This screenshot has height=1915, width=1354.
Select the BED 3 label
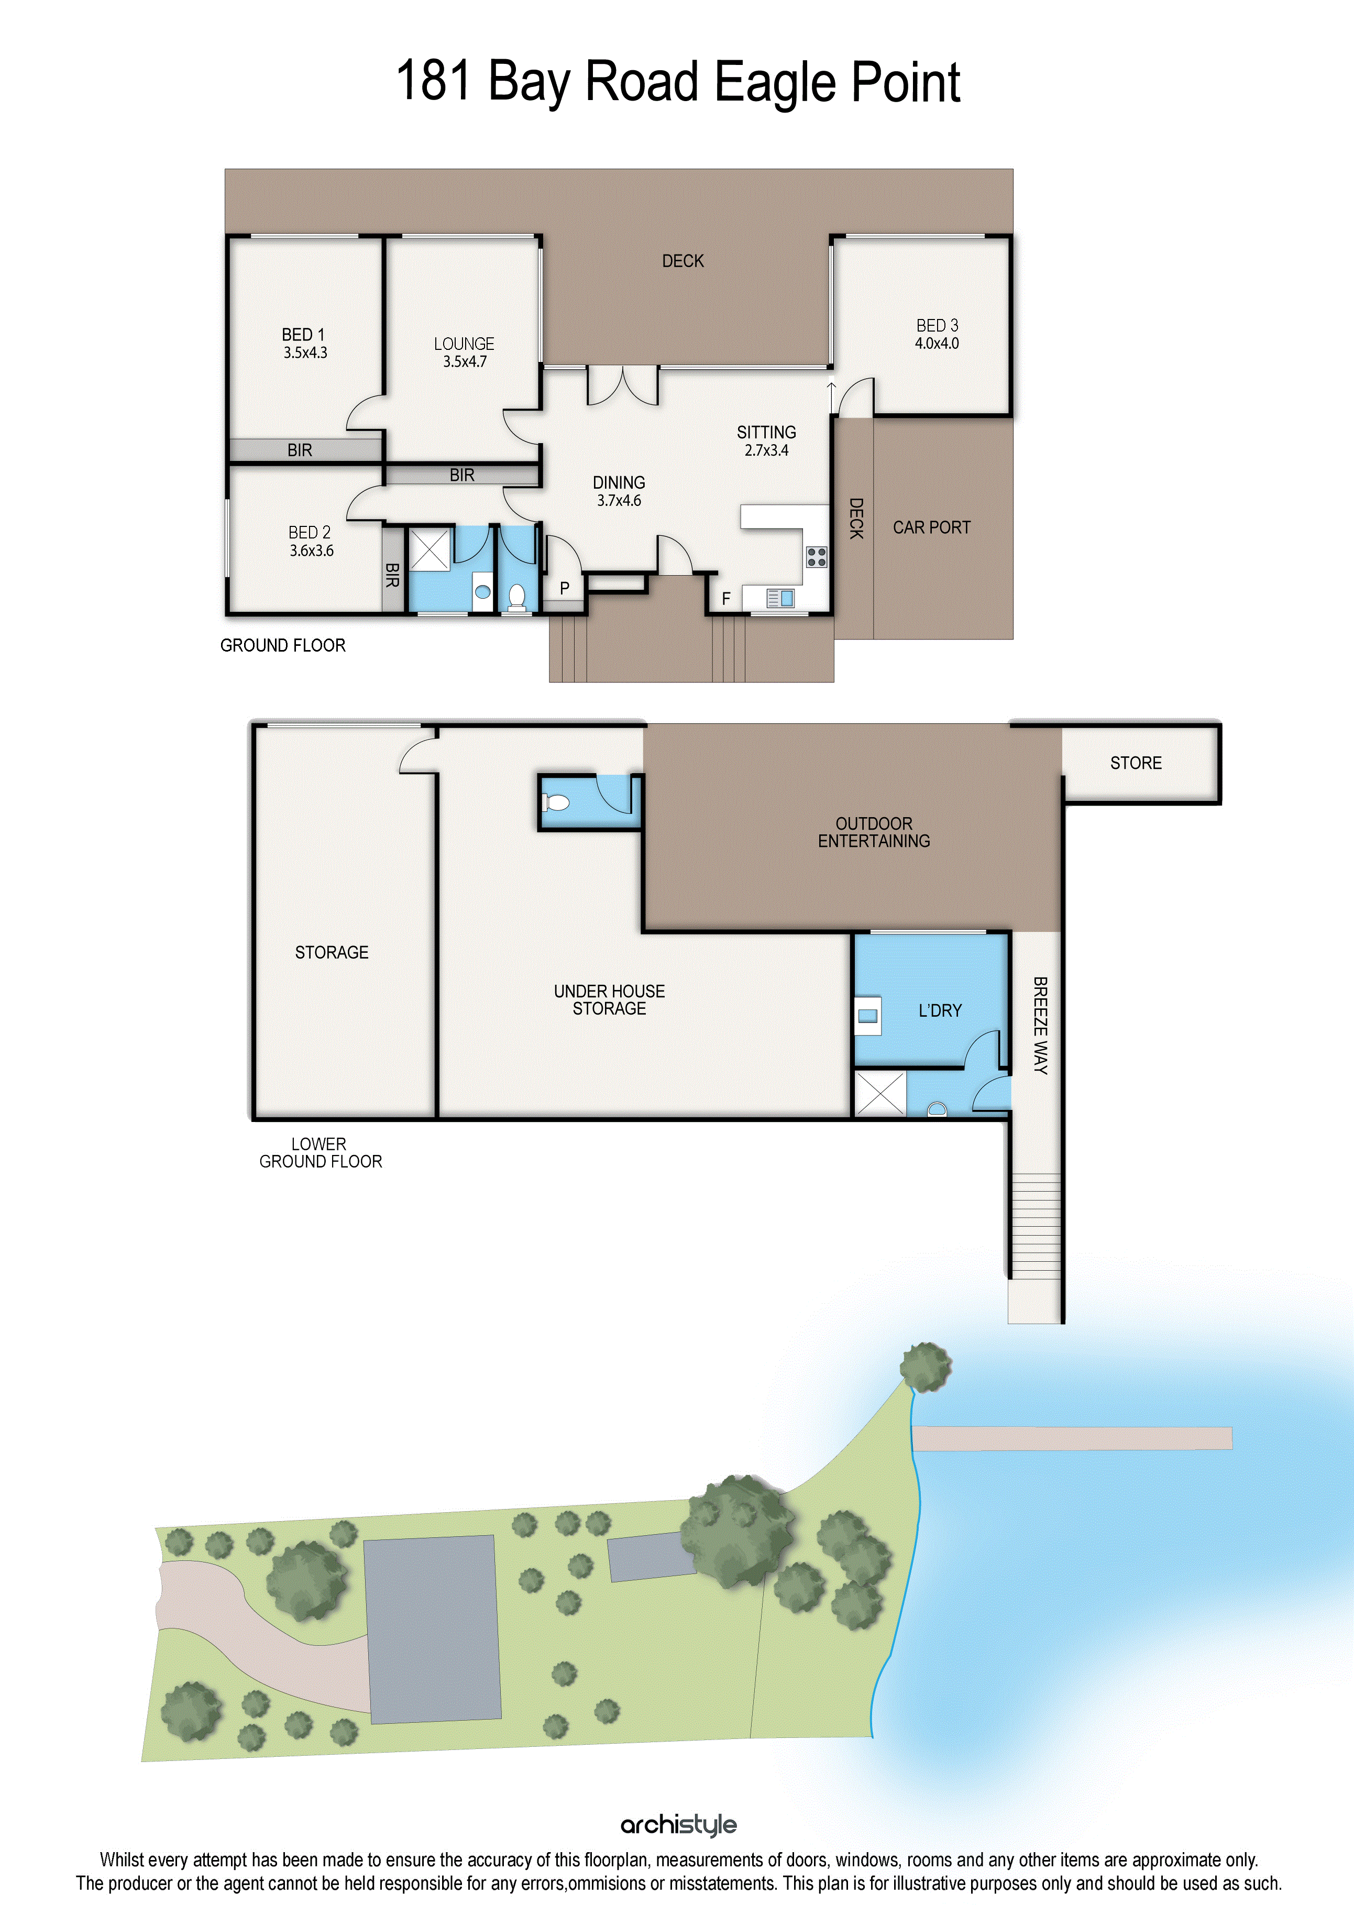click(x=937, y=325)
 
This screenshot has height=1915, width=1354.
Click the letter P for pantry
click(x=565, y=588)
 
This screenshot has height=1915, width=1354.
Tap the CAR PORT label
click(x=932, y=527)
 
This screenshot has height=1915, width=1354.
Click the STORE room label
click(x=1136, y=763)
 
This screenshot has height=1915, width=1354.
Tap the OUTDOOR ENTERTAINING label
click(x=874, y=832)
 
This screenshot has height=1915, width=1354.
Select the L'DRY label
click(x=940, y=1011)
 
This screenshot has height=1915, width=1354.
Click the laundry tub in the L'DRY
click(x=867, y=1016)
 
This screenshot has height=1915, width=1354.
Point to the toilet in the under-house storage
click(x=556, y=802)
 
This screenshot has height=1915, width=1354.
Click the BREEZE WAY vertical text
click(x=1040, y=1025)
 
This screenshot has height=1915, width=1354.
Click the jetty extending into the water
click(x=1072, y=1438)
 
